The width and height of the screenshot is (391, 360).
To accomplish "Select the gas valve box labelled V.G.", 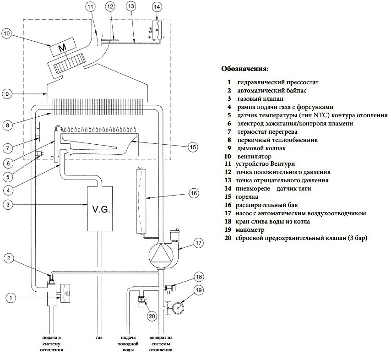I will [x=100, y=210].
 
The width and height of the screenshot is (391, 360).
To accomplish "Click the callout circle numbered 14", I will [x=157, y=7].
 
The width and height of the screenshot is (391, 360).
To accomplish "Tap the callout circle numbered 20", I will [x=152, y=316].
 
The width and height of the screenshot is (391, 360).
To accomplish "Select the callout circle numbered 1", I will [x=13, y=298].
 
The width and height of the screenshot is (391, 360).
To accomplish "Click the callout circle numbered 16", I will [x=193, y=194].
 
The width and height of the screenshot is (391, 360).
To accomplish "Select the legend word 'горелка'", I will [x=249, y=196].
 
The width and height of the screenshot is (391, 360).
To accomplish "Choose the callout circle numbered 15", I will [x=192, y=147].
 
